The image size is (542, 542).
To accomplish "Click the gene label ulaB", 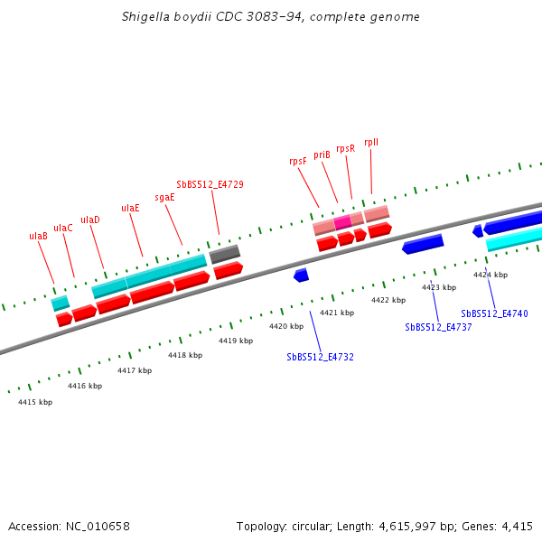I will pyautogui.click(x=38, y=236).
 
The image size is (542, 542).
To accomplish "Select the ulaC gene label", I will pyautogui.click(x=63, y=228).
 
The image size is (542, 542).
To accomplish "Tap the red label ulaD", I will pyautogui.click(x=90, y=220).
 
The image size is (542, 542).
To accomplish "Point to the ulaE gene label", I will pyautogui.click(x=130, y=208).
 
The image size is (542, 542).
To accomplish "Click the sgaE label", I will pyautogui.click(x=164, y=197).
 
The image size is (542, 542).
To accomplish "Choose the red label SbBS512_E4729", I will pyautogui.click(x=210, y=184).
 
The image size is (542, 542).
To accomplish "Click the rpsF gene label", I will pyautogui.click(x=298, y=161).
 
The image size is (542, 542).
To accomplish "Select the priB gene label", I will pyautogui.click(x=322, y=154).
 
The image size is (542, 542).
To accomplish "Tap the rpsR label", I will pyautogui.click(x=345, y=148).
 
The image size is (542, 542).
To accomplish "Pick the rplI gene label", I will pyautogui.click(x=371, y=142).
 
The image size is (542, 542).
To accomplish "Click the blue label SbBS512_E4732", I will pyautogui.click(x=320, y=357).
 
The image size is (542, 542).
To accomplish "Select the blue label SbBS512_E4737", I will pyautogui.click(x=438, y=327).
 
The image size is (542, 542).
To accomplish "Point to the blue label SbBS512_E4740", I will pyautogui.click(x=494, y=313).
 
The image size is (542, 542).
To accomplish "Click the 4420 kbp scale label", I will pyautogui.click(x=286, y=326).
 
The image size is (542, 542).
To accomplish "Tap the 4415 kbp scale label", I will pyautogui.click(x=35, y=402).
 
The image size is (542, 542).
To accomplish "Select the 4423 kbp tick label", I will pyautogui.click(x=439, y=287).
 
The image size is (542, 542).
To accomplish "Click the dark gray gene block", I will pyautogui.click(x=225, y=254).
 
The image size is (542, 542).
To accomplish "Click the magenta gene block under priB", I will pyautogui.click(x=342, y=221).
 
